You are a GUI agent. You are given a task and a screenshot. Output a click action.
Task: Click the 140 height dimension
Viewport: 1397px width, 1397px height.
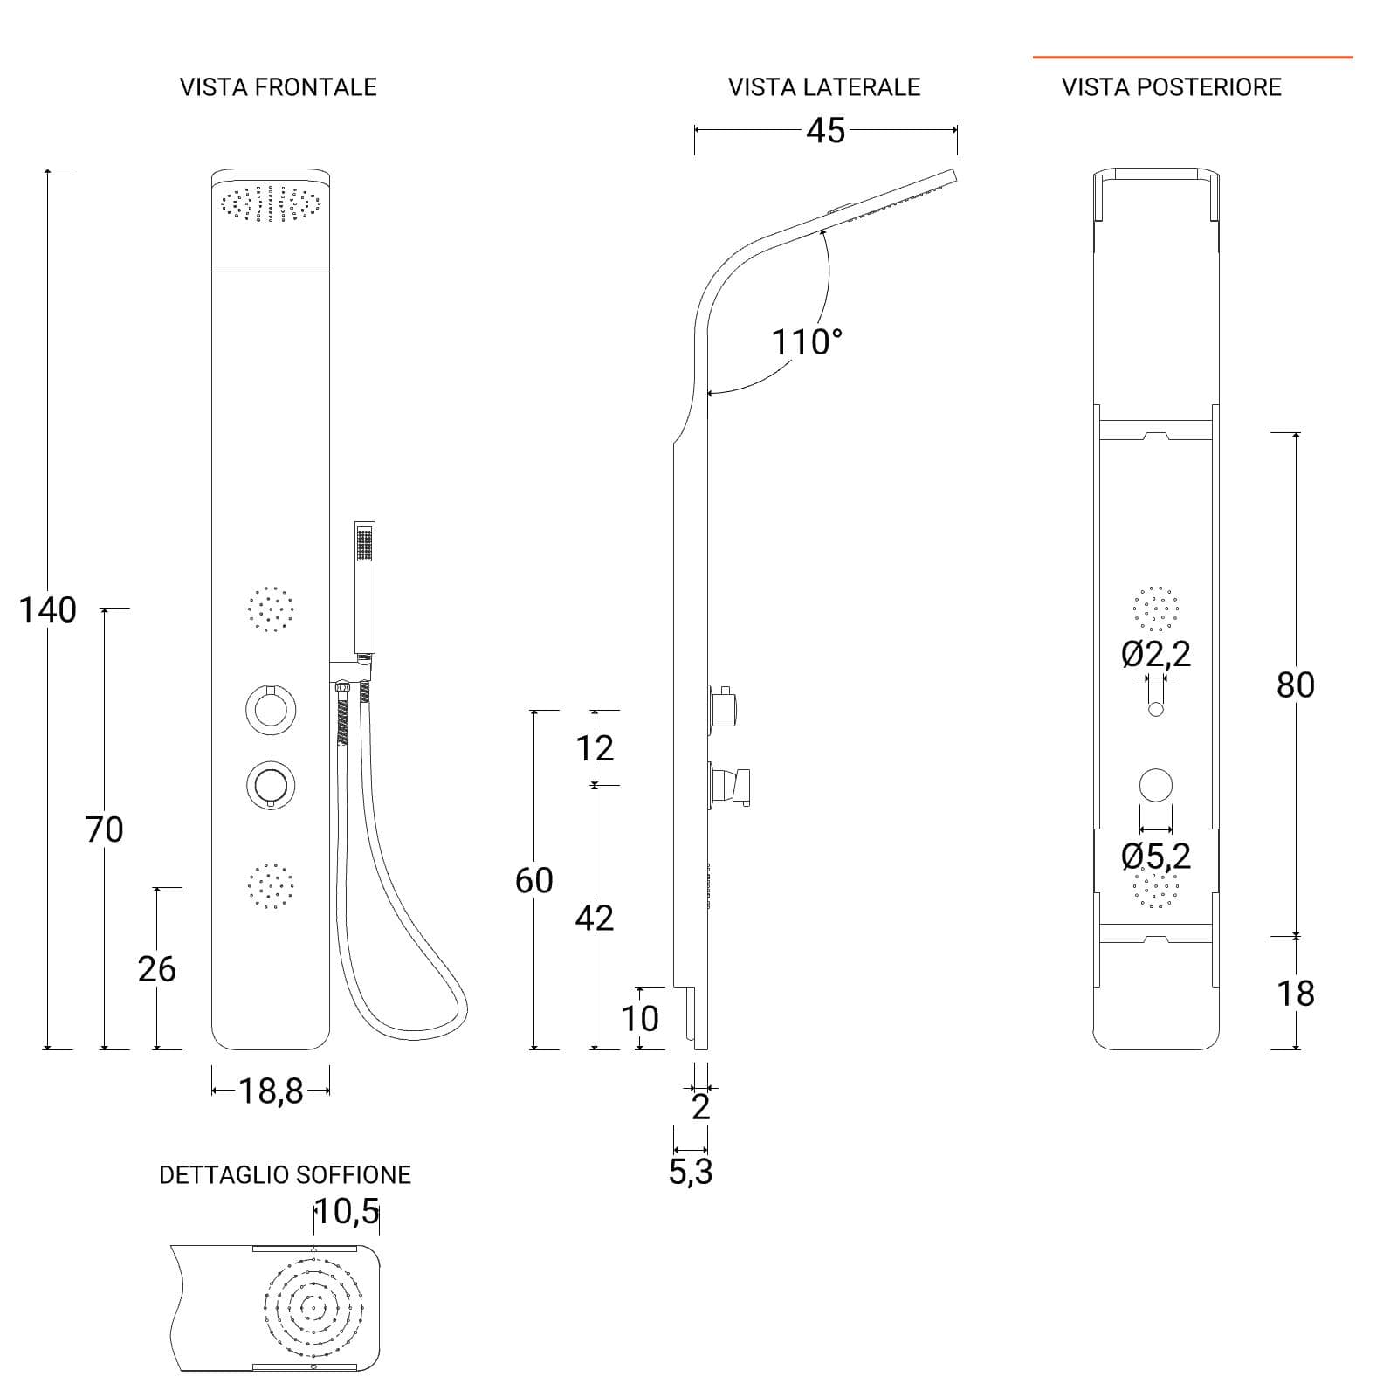48,609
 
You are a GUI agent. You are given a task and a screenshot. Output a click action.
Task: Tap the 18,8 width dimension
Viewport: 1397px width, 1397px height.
271,1091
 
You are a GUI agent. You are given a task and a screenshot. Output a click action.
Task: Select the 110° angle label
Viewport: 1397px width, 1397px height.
808,341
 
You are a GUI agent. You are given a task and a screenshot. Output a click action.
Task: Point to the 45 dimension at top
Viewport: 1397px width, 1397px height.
826,130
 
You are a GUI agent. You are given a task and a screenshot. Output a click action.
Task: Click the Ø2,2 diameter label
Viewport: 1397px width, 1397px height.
1156,654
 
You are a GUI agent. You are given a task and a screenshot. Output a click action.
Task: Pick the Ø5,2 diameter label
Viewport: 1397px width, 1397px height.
1156,856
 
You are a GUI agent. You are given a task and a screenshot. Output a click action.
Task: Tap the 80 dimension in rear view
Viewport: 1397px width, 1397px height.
1296,685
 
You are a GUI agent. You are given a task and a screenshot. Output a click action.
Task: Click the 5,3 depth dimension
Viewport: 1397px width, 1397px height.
691,1173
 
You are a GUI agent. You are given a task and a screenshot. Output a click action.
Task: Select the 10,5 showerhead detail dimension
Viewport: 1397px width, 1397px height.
348,1211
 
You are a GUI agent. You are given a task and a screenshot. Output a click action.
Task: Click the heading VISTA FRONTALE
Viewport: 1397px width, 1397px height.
279,87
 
